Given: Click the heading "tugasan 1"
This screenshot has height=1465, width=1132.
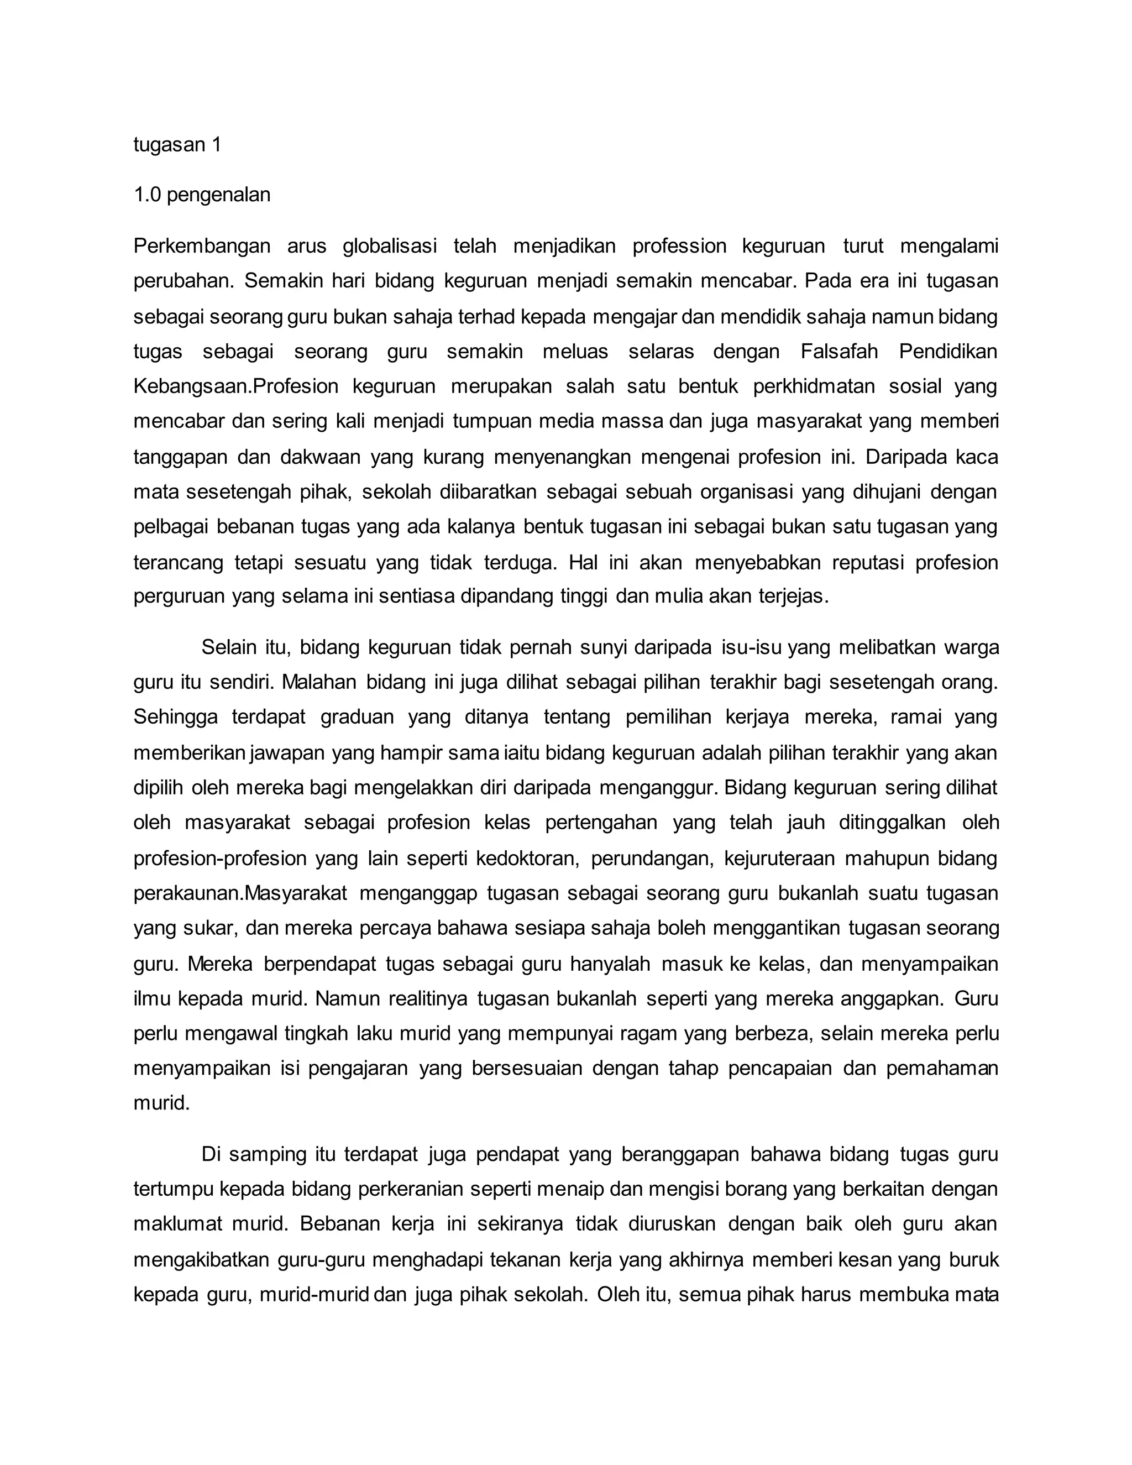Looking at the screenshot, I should tap(177, 144).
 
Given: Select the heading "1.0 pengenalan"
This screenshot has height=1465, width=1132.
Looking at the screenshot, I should tap(202, 195).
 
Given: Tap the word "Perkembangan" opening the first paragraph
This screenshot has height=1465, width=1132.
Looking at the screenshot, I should tap(202, 246).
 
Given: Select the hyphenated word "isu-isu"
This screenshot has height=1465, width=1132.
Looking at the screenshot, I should tap(752, 647).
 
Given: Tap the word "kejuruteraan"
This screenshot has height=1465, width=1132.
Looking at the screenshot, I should tap(778, 858).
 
